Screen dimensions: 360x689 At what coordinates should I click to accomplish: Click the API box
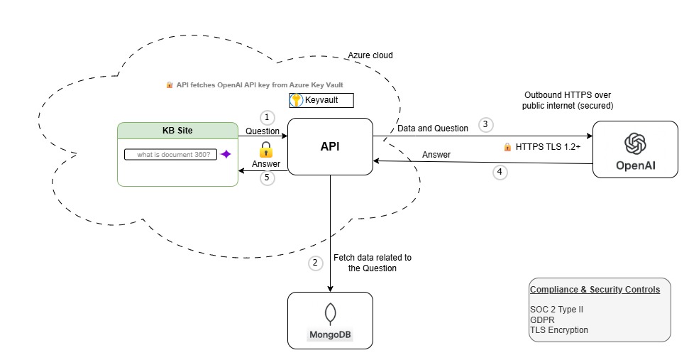pos(330,147)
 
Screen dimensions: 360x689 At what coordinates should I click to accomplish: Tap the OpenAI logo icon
pos(634,144)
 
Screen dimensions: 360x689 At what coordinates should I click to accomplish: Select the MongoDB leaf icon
pos(330,314)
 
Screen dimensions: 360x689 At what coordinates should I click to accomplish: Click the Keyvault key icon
pos(297,101)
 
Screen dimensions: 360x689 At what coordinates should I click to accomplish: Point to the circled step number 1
pos(267,117)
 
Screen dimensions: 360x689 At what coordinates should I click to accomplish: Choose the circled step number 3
pos(485,124)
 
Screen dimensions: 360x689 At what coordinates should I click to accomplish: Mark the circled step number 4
pos(501,172)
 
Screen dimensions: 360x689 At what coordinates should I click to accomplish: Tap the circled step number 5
pos(267,178)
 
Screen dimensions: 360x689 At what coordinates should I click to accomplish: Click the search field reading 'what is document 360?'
pos(171,154)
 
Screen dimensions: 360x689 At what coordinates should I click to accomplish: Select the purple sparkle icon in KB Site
pos(226,154)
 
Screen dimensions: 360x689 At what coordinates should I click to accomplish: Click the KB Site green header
pos(177,131)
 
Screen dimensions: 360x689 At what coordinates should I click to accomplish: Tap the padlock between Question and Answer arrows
pos(266,149)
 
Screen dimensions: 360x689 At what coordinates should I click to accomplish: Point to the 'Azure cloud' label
pos(370,55)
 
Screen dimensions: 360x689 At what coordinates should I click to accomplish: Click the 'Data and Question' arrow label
pos(432,129)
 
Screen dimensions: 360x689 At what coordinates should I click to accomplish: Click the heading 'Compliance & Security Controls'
pos(595,290)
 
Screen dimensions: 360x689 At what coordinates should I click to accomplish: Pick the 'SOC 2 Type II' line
pos(556,310)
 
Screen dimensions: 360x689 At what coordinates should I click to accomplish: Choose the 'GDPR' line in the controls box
pos(542,320)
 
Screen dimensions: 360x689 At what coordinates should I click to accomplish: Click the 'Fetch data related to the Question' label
pos(372,263)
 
